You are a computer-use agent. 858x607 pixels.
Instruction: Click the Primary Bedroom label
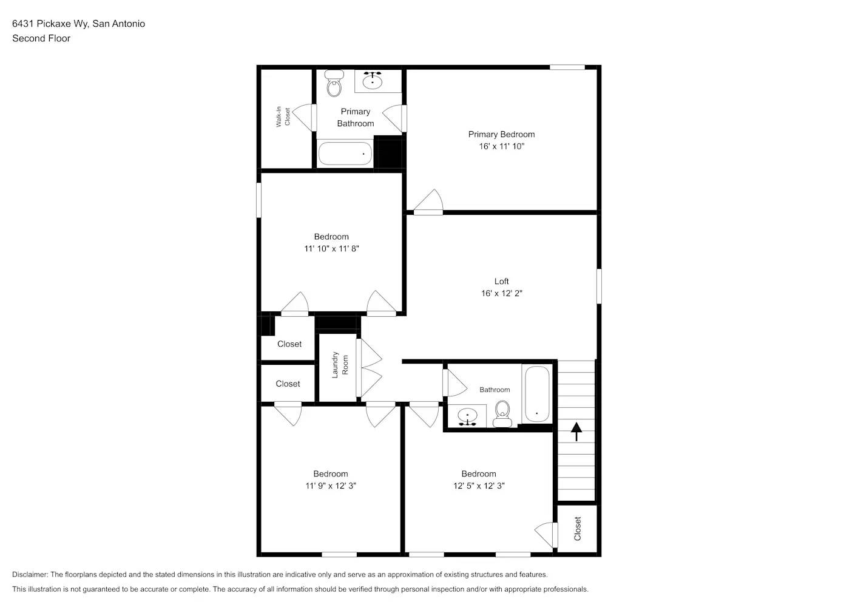[501, 134]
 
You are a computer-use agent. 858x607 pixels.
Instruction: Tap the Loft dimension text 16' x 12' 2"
[501, 293]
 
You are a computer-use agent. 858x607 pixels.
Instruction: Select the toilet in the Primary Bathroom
[334, 84]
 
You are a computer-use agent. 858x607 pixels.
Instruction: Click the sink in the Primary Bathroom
[372, 80]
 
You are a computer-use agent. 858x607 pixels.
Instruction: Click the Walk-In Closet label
[283, 117]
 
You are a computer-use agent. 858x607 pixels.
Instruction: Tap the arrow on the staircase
[576, 431]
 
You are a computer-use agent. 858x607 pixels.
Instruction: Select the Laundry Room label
[340, 365]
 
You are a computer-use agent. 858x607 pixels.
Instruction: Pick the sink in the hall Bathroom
[467, 417]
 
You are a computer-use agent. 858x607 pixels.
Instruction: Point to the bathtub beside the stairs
[537, 394]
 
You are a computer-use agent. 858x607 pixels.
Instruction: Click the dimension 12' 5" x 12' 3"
[479, 486]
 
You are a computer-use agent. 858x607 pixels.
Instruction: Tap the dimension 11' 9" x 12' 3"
[331, 486]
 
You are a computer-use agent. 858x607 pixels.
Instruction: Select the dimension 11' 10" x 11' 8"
[331, 248]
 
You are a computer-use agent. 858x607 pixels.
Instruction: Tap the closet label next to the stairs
[577, 529]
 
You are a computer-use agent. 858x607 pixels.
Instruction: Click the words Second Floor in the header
[41, 38]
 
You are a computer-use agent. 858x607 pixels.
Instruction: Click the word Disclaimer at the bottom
[30, 574]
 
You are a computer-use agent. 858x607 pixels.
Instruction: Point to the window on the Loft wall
[599, 286]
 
